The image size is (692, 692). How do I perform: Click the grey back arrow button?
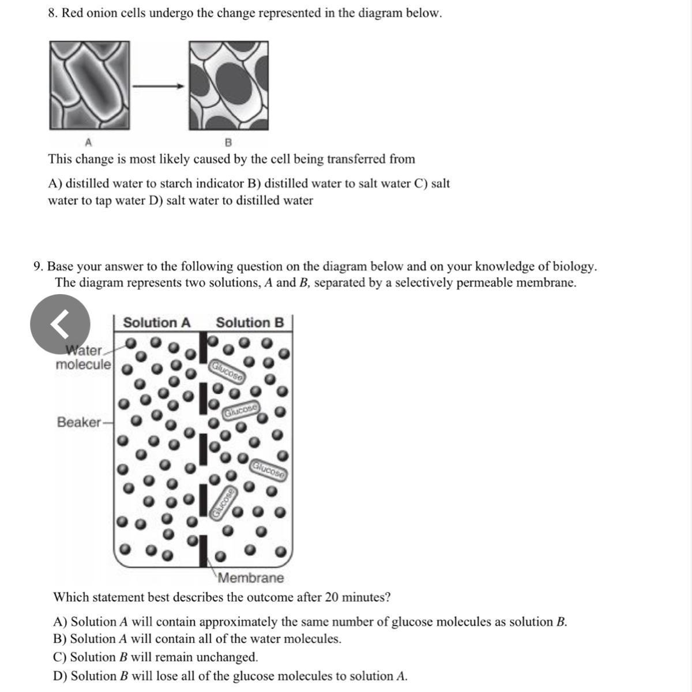tap(60, 324)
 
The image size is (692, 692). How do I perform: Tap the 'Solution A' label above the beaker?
tap(156, 322)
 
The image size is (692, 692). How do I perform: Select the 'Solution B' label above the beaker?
tap(250, 322)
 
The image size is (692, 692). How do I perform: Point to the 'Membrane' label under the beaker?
tap(251, 578)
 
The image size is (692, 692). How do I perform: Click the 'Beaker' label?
tap(79, 422)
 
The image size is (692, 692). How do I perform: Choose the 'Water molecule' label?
tap(84, 358)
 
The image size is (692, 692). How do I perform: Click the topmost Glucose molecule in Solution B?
tap(227, 372)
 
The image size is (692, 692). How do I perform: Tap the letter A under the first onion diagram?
tap(88, 141)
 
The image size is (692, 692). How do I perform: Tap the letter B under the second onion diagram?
tap(228, 141)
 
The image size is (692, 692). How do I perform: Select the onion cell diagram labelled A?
tap(89, 85)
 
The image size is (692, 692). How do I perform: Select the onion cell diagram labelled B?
tap(228, 85)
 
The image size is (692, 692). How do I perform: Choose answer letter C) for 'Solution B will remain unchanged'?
tap(60, 657)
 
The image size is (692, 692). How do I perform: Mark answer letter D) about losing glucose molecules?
tap(61, 676)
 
